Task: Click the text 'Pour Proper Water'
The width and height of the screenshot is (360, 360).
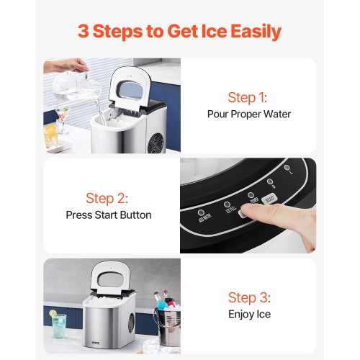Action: coord(249,114)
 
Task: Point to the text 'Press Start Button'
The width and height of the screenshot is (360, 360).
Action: coord(109,215)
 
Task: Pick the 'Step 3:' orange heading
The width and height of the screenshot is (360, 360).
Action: coord(249,297)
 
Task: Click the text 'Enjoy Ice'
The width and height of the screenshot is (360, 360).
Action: coord(249,315)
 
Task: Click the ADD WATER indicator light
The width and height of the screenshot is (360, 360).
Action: coord(199,213)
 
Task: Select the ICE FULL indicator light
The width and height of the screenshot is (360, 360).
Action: coord(228,204)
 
